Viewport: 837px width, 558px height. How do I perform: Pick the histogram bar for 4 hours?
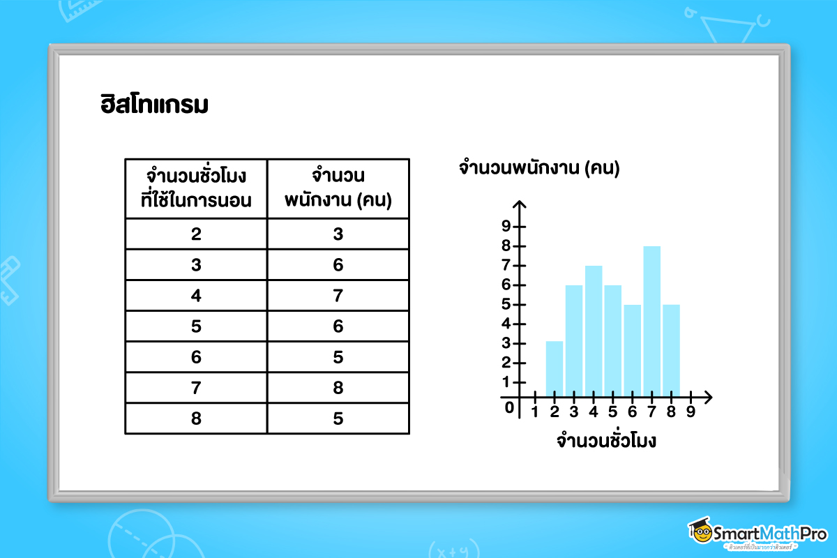tap(593, 332)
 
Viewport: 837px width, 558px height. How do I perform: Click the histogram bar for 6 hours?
tap(632, 351)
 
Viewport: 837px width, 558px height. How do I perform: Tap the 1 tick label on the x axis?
tap(535, 412)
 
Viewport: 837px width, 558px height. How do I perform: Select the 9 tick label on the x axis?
tap(691, 412)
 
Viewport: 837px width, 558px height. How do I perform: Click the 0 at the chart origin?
tap(509, 407)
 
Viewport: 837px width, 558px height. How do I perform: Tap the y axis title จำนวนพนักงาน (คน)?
tap(539, 168)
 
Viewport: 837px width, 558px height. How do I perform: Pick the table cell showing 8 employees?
tap(338, 387)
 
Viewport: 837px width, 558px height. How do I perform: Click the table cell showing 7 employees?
tap(338, 295)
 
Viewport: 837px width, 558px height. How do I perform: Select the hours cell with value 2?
tap(196, 234)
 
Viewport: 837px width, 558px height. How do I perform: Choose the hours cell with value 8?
tap(196, 418)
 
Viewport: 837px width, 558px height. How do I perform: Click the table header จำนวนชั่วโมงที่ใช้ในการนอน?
tap(196, 188)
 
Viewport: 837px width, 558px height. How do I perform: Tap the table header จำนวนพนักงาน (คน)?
tap(338, 188)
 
